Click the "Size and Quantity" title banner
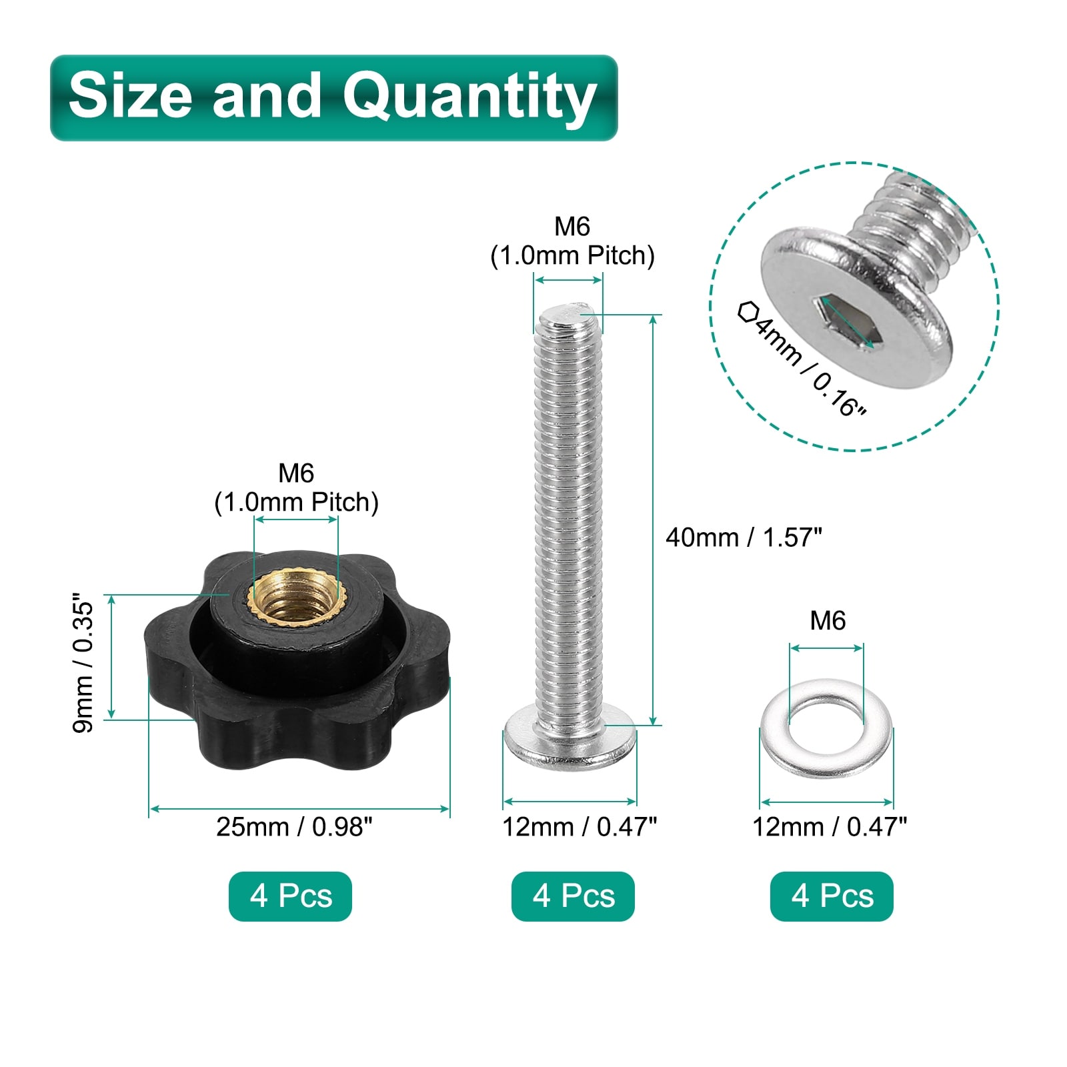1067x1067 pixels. (x=333, y=97)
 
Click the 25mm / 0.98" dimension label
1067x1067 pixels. (x=294, y=827)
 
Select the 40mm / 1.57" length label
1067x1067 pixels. (x=744, y=538)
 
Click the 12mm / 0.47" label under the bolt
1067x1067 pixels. (x=580, y=827)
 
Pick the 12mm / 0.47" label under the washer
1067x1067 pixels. (x=830, y=827)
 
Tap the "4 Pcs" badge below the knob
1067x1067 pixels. (x=290, y=896)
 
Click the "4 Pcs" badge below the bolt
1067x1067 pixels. (x=573, y=896)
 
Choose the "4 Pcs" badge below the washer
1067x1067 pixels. (x=832, y=896)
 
